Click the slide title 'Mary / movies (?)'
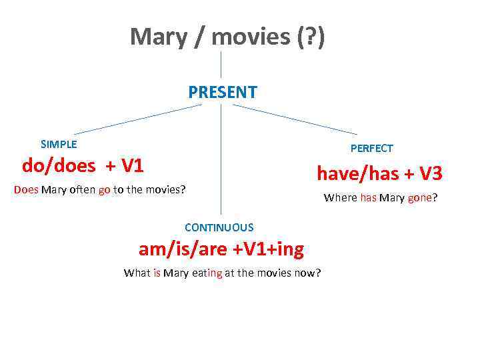click(227, 37)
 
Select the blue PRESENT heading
click(222, 93)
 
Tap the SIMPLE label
click(59, 144)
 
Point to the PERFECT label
click(371, 148)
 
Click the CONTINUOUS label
click(219, 227)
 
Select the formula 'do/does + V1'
click(83, 165)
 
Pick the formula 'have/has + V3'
click(379, 174)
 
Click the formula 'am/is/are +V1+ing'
click(221, 249)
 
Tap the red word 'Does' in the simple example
click(26, 189)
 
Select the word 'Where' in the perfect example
click(340, 197)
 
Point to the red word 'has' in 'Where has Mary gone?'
click(368, 197)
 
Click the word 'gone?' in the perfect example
click(422, 197)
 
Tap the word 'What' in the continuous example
click(137, 273)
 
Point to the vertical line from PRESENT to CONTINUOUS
click(221, 160)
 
